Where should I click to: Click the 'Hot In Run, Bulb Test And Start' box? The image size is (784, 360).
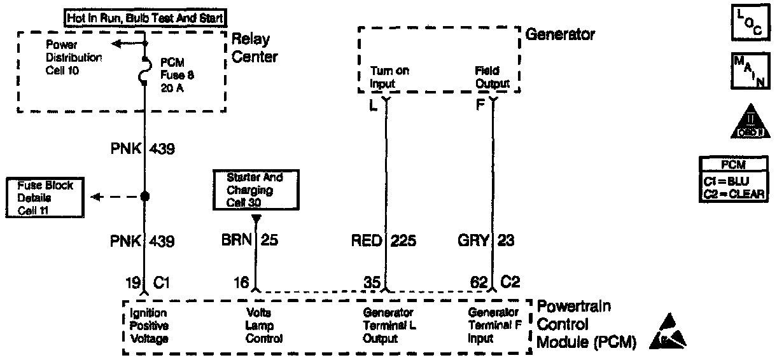point(146,17)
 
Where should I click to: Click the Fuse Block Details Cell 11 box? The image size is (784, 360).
point(45,197)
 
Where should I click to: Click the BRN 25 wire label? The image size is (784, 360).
point(249,241)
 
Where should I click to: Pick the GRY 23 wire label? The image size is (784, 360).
point(486,241)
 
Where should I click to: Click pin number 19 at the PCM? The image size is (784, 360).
point(132,282)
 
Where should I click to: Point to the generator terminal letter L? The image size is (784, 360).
point(374,104)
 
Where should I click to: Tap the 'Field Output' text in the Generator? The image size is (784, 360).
point(492,77)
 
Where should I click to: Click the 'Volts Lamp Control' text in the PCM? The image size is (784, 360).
point(264,326)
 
